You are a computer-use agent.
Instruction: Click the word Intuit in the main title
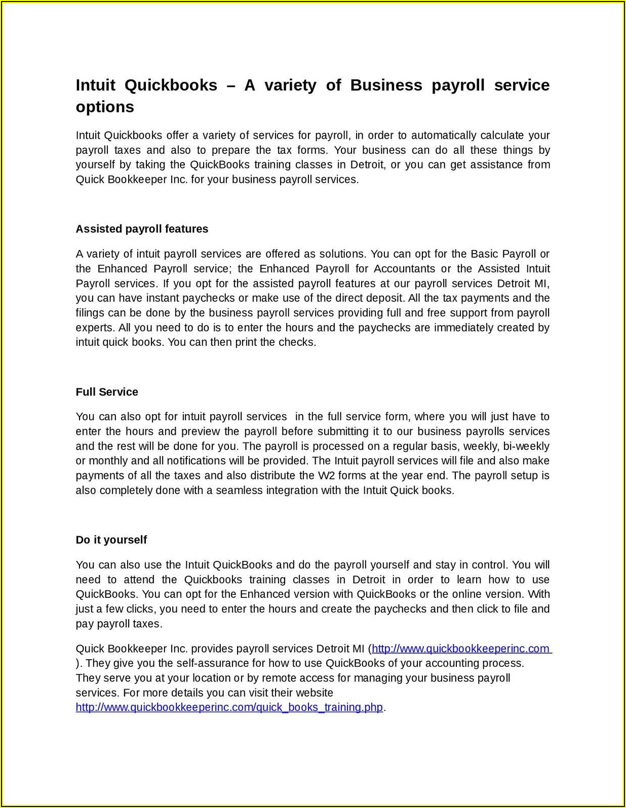pyautogui.click(x=95, y=85)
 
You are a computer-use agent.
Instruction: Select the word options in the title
pyautogui.click(x=105, y=107)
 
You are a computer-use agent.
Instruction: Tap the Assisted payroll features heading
pyautogui.click(x=142, y=229)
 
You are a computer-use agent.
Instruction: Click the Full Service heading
pyautogui.click(x=107, y=392)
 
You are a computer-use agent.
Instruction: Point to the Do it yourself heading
pyautogui.click(x=111, y=540)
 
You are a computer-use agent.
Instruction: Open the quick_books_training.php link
pyautogui.click(x=229, y=707)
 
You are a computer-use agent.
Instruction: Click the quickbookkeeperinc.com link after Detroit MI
pyautogui.click(x=460, y=649)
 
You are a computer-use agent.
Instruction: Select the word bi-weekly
pyautogui.click(x=528, y=446)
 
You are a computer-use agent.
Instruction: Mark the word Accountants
pyautogui.click(x=404, y=268)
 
